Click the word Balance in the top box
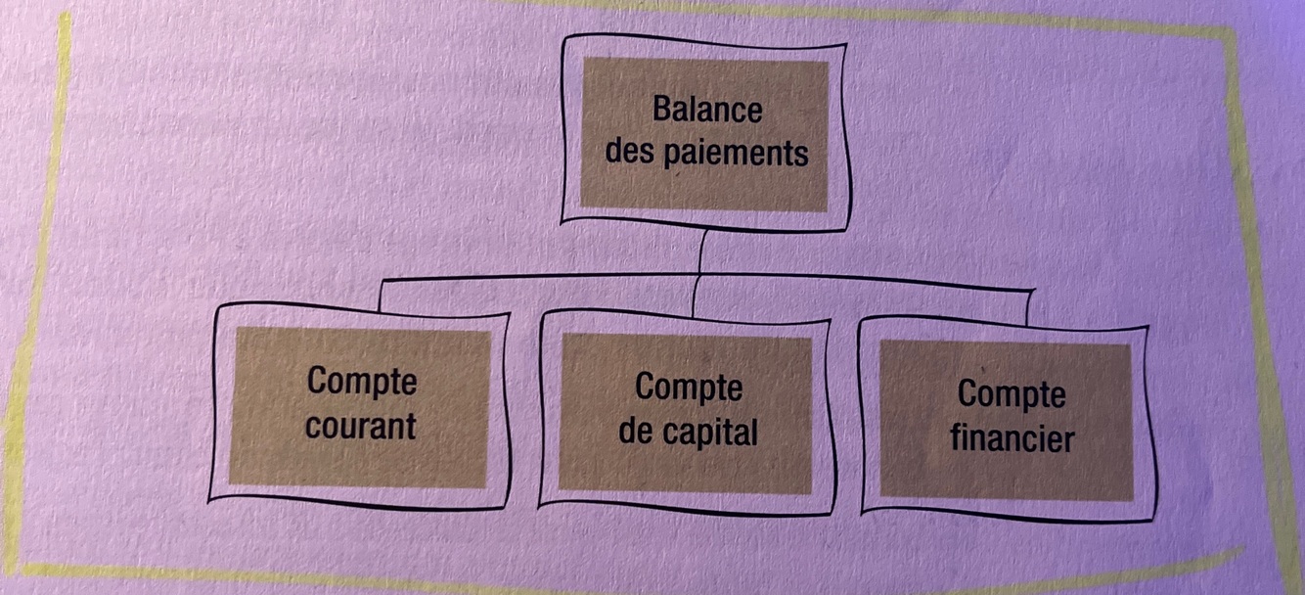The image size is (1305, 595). coord(706,110)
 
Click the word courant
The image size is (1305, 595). coord(361,427)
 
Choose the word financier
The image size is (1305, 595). coord(1012,438)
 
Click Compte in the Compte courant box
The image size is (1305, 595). coord(362,382)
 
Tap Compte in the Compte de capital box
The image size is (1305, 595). coord(689,388)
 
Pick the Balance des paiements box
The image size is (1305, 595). coord(703,133)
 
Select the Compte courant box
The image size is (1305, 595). coord(360,405)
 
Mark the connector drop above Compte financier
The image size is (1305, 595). coord(1027,305)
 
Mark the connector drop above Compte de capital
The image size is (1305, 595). coord(695,297)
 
